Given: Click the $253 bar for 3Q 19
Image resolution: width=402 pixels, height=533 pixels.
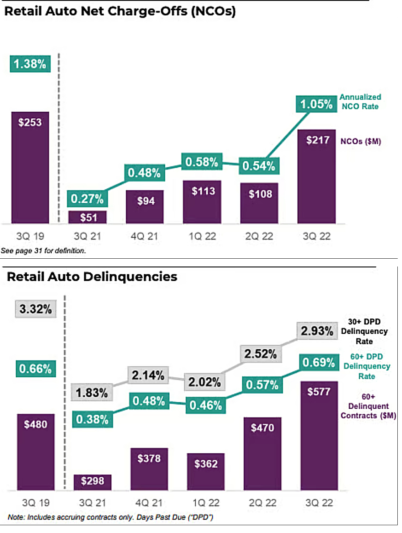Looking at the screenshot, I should tap(30, 167).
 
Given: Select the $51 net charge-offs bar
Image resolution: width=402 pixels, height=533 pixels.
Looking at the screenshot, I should tap(88, 217).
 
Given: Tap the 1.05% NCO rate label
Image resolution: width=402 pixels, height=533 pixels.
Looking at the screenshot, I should tap(316, 104).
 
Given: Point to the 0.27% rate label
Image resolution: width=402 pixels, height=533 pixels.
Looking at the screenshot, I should tap(87, 199).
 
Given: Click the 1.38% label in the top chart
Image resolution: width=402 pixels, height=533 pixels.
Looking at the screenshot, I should tap(30, 64).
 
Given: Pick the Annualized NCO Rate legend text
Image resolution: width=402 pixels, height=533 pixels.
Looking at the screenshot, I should tap(360, 102).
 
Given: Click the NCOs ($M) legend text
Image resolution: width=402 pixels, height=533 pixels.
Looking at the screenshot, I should tap(360, 141).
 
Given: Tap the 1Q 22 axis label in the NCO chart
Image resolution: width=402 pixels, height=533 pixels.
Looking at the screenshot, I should tap(202, 236).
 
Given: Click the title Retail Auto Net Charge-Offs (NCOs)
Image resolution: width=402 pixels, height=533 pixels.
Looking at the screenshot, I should tap(120, 11).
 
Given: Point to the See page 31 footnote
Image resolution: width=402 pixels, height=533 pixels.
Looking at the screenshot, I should tap(43, 251).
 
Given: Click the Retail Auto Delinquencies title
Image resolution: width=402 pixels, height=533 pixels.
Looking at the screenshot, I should tap(92, 276).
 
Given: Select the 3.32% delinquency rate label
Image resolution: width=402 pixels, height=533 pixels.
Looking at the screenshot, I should tap(36, 309).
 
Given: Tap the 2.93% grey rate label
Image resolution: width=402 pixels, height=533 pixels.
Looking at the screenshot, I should tap(317, 331).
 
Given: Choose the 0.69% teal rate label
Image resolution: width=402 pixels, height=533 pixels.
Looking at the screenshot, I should tap(318, 362).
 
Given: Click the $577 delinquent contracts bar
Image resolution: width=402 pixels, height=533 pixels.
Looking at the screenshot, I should tap(319, 435).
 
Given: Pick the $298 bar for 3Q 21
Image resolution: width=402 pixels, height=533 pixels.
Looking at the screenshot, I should tap(92, 482).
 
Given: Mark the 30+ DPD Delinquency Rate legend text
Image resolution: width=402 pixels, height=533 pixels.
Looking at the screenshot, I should tap(364, 331).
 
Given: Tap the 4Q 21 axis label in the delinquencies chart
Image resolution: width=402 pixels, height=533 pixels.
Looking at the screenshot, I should tap(149, 503).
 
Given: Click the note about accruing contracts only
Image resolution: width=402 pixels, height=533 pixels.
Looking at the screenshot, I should tap(110, 517).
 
